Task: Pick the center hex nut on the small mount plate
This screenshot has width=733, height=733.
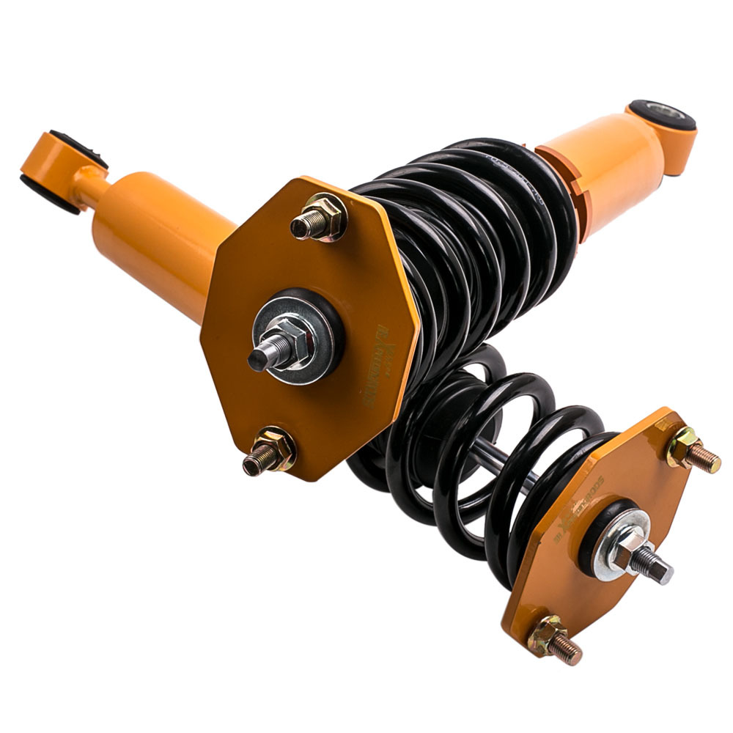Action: point(629,551)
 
